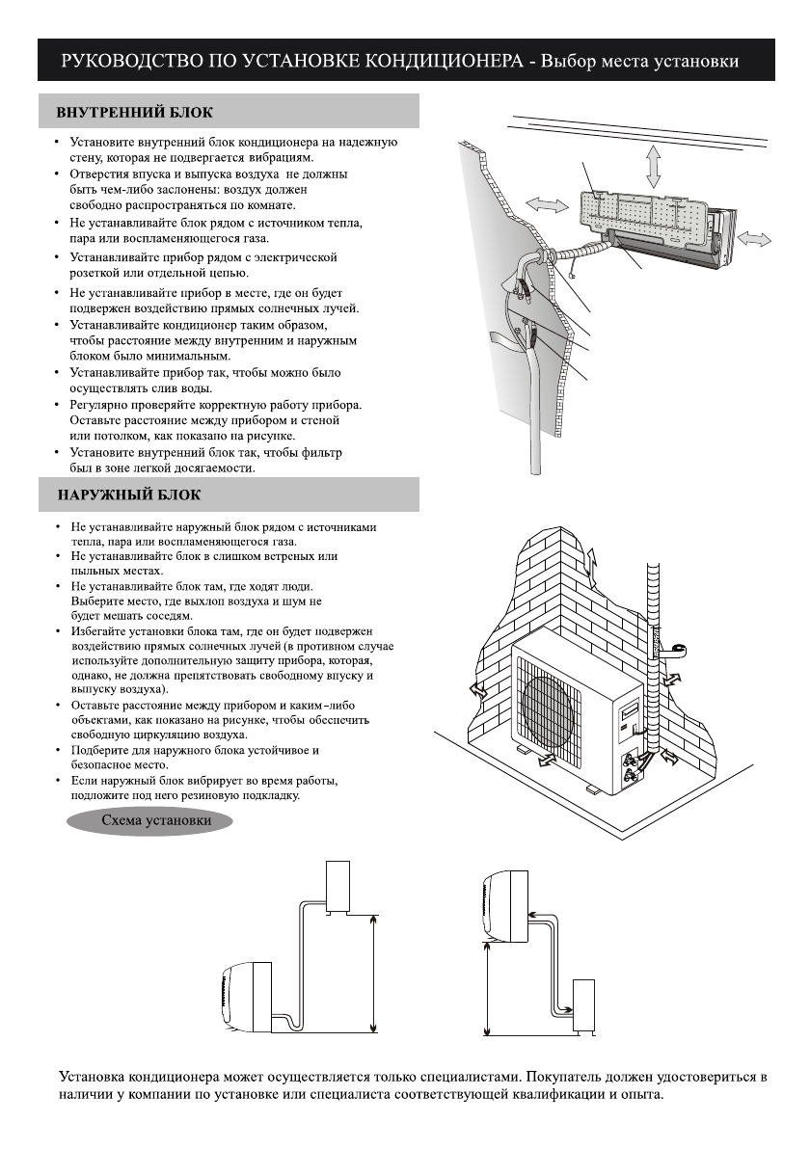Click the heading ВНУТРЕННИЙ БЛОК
point(134,112)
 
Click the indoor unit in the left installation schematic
point(245,995)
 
